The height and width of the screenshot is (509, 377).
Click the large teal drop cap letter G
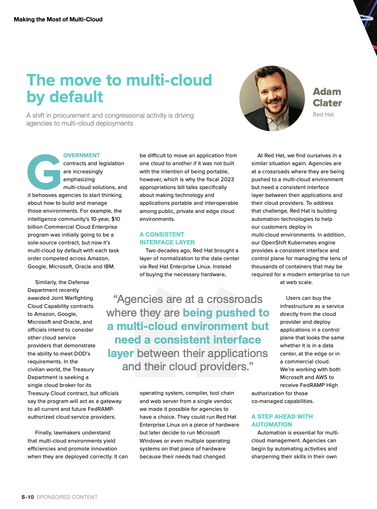[x=44, y=172]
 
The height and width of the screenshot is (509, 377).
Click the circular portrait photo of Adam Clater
[x=272, y=98]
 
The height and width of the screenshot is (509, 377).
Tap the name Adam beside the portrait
[x=327, y=92]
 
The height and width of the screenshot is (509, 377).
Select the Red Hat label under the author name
[x=323, y=115]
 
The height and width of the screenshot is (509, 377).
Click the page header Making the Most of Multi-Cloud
[x=58, y=20]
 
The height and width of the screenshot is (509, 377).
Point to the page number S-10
[x=28, y=497]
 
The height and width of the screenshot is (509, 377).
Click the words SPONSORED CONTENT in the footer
[x=67, y=497]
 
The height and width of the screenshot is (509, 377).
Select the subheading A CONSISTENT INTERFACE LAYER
[x=167, y=238]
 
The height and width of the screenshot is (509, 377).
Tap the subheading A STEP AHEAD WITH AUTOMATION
[x=282, y=421]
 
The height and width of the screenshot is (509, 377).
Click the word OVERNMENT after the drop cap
[x=82, y=155]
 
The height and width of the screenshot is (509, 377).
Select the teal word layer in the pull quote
[x=121, y=353]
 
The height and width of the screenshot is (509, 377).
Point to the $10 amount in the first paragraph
[x=116, y=219]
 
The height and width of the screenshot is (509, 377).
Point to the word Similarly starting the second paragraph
[x=46, y=282]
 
